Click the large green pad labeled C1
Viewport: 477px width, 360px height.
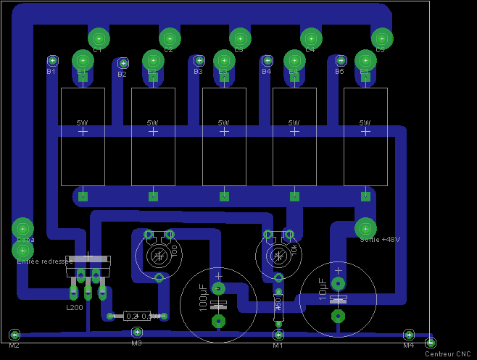(99, 38)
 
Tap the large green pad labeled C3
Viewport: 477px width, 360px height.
(240, 38)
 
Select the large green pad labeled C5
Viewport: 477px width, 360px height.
(382, 38)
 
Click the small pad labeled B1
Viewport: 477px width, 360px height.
(52, 61)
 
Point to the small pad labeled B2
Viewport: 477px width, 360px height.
(123, 64)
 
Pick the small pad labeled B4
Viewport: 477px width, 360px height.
(267, 61)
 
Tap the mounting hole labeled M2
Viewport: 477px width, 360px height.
(14, 335)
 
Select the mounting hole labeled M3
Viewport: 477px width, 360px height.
(136, 332)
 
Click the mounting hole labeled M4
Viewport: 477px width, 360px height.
(409, 335)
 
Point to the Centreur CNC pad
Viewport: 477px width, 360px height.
(430, 343)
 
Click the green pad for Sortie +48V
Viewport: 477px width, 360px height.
(365, 228)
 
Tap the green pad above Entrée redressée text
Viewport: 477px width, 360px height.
(22, 251)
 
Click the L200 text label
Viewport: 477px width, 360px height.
(75, 308)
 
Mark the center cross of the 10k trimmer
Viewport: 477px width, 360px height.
(278, 256)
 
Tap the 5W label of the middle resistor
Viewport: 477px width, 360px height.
(223, 122)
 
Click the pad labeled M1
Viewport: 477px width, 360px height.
(278, 335)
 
